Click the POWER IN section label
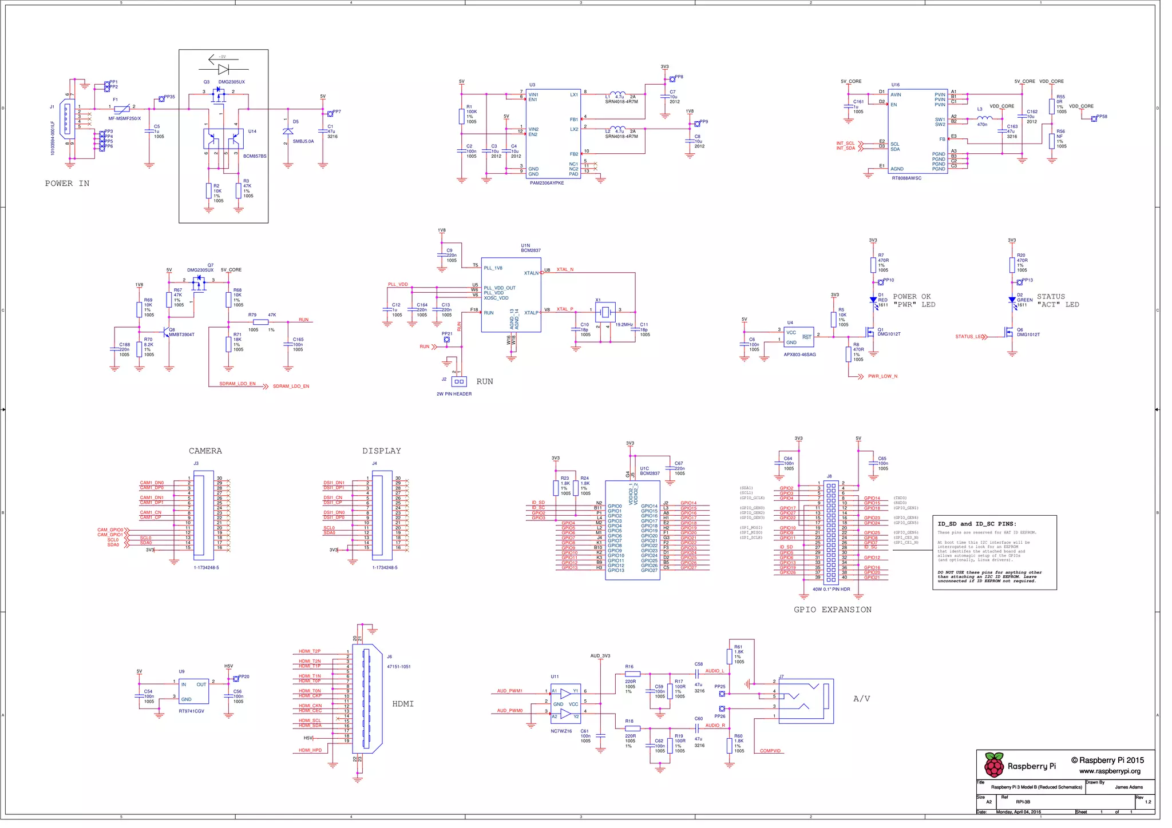67,184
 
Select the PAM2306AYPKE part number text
547,183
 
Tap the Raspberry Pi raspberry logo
994,765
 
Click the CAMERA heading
205,451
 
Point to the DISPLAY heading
381,451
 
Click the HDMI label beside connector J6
403,704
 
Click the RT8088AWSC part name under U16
906,178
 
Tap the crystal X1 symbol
605,312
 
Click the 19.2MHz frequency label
624,325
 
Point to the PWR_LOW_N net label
882,376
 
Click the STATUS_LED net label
969,337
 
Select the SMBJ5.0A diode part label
303,141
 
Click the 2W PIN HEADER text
454,394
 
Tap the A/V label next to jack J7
861,699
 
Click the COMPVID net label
770,751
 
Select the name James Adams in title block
1129,787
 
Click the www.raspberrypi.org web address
1110,771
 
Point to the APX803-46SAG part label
799,355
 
